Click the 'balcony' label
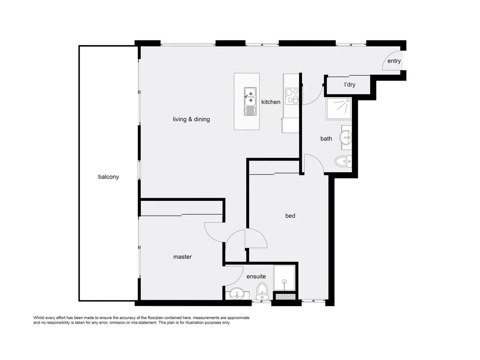pos(108,177)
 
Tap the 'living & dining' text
pos(191,119)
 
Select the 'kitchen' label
pos(271,102)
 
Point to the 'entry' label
pos(394,61)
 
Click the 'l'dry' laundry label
pos(350,84)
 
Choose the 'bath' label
pos(326,138)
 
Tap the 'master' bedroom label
pos(182,257)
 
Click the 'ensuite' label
pos(256,276)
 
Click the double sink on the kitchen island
pos(250,101)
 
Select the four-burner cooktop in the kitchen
pos(292,96)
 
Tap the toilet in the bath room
pos(343,162)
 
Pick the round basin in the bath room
pos(346,138)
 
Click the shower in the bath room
pos(339,109)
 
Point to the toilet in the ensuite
pos(262,291)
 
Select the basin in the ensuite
pos(237,294)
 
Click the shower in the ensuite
pos(284,278)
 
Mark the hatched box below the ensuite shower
pos(285,297)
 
